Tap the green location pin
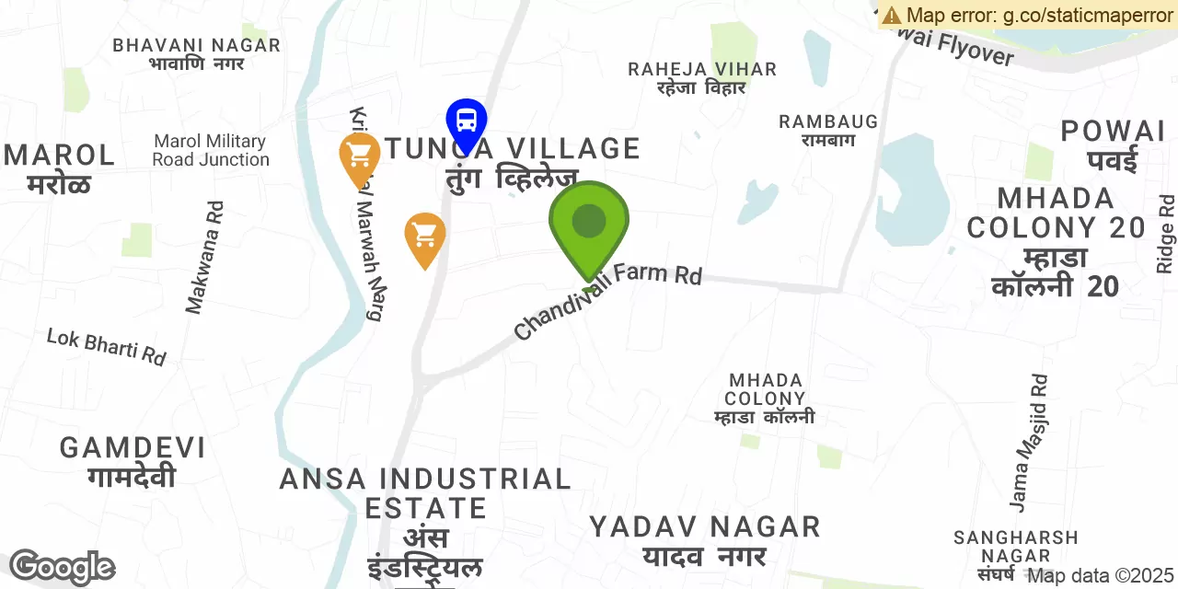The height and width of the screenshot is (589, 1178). point(589,224)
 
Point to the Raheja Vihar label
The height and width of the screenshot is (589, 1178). point(702,77)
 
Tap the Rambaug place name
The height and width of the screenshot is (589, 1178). point(828,130)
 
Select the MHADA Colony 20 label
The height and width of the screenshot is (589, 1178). point(1056,241)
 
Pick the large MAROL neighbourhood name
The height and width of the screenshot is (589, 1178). point(60,167)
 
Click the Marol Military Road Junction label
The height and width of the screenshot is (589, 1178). point(211,150)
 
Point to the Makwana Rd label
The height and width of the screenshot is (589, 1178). point(205,258)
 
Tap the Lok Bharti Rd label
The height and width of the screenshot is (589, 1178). point(107,346)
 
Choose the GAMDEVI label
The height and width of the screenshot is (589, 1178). point(133,461)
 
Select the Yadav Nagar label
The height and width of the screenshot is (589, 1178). point(705,540)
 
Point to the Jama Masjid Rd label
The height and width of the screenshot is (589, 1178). point(1028,442)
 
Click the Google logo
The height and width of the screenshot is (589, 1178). point(62,567)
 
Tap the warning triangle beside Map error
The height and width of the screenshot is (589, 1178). point(891,15)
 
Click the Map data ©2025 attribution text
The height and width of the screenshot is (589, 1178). point(1101,576)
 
